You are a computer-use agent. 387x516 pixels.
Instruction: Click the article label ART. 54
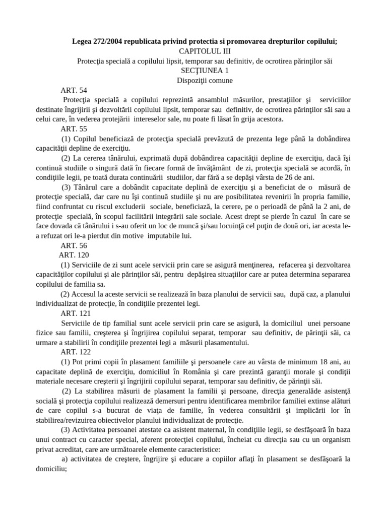tap(74, 90)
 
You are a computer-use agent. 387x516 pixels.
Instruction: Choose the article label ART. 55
tap(74, 129)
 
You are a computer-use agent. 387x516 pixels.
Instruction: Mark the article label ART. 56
tap(74, 245)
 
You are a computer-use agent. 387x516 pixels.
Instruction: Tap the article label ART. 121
tap(76, 313)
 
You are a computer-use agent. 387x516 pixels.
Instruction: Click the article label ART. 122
tap(76, 352)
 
